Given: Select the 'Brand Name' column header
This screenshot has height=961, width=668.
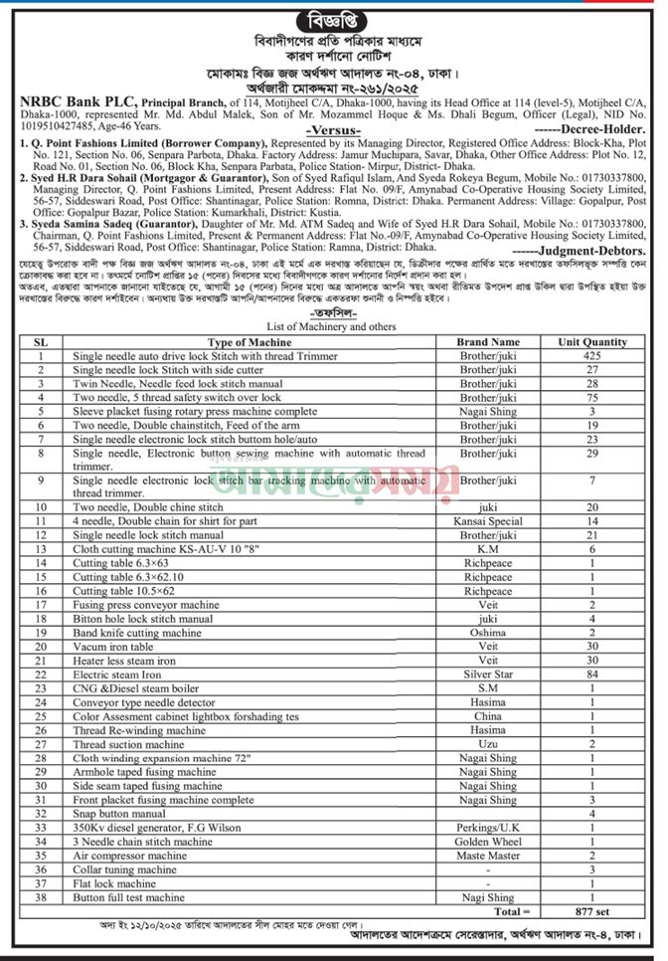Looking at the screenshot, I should (x=487, y=341).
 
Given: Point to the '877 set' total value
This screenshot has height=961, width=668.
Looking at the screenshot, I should (x=590, y=909).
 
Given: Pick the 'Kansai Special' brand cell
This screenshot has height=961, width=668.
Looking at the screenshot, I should (x=487, y=520).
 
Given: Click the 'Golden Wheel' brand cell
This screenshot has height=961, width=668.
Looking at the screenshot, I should (x=487, y=841).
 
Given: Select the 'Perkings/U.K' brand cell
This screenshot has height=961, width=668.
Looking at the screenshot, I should (x=487, y=827).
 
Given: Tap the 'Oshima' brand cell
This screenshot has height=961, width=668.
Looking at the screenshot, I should (x=487, y=632).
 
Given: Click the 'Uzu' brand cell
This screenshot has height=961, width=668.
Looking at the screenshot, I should (x=487, y=743).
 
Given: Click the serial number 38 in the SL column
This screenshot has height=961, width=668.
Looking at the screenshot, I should (x=41, y=896).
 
